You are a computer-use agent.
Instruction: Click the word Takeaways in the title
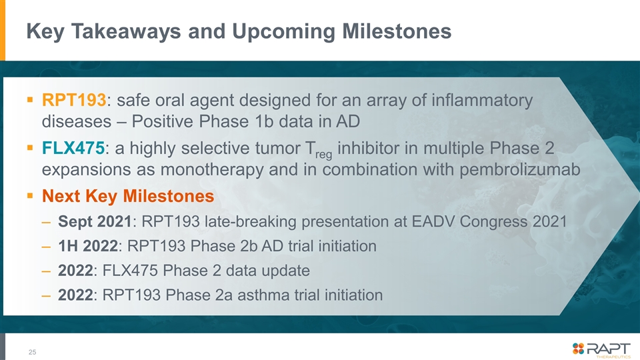pos(126,31)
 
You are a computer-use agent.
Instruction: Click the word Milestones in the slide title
pos(397,31)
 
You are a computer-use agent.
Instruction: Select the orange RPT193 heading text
pos(74,100)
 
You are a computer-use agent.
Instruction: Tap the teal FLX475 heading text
pos(73,148)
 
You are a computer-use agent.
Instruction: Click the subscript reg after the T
pos(324,155)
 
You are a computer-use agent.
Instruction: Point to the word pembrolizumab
pos(520,169)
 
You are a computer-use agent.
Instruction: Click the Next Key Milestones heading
pos(128,196)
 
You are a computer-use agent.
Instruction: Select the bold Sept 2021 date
pos(95,221)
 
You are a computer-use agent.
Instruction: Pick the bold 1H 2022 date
pos(88,246)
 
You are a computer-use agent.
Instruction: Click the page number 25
pos(32,352)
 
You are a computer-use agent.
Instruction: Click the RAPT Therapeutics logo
pos(601,350)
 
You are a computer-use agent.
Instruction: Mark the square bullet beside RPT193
pos(30,99)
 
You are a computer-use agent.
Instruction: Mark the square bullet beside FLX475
pos(30,147)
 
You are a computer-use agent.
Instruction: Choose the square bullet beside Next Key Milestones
pos(30,196)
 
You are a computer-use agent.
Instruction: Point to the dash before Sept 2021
pos(46,223)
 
